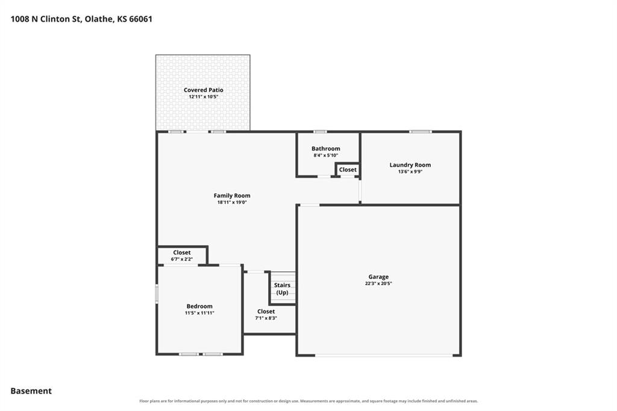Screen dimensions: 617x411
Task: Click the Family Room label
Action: [232, 195]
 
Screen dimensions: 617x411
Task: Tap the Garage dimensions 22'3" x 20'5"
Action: [378, 283]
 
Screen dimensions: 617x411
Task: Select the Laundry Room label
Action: [410, 165]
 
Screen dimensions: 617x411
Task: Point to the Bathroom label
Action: [326, 148]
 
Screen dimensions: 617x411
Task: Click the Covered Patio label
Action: [203, 90]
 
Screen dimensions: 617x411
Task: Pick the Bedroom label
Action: [199, 306]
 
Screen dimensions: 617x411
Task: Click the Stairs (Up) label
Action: [282, 289]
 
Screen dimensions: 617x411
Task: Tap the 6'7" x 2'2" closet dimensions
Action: [182, 259]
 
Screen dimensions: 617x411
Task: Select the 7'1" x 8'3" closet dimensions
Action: [266, 318]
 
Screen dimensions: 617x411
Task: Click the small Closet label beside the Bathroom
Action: [348, 170]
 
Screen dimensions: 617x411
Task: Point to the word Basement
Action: [31, 391]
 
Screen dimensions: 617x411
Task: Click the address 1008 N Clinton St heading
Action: [81, 19]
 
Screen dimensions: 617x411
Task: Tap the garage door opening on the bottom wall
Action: [384, 356]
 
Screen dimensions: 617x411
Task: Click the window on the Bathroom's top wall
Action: [320, 131]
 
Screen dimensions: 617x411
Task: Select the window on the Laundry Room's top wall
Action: [420, 131]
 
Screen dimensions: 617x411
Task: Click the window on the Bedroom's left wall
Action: [157, 293]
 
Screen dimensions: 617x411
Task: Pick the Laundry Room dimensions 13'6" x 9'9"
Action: [410, 172]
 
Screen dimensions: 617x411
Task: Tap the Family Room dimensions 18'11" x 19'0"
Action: [232, 202]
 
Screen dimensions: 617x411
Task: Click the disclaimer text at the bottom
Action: [308, 401]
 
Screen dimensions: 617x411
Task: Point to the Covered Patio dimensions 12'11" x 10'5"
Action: [203, 96]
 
